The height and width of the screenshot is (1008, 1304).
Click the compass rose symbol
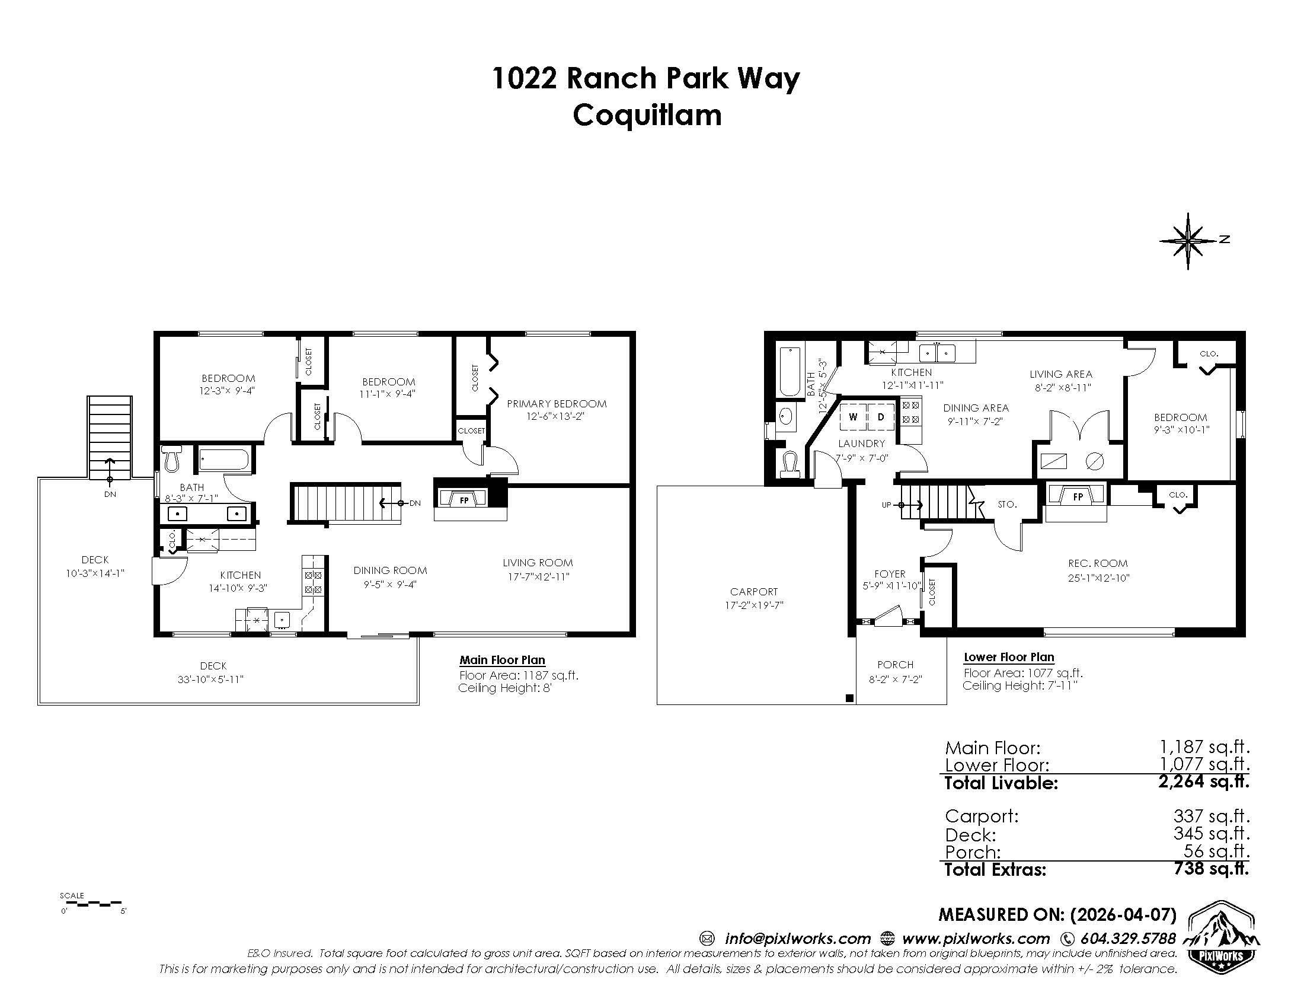point(1188,241)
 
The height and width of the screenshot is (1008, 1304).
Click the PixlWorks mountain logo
point(1222,938)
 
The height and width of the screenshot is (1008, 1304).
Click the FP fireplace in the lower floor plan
point(1078,496)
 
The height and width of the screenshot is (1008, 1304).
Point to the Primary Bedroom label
point(557,404)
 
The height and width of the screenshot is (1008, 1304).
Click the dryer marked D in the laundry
point(881,417)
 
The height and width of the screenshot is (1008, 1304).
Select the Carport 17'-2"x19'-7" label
point(753,598)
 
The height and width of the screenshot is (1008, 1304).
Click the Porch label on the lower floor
point(895,665)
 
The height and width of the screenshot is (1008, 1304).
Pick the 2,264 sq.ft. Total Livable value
point(1203,781)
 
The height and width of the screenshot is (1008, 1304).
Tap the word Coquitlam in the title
point(647,115)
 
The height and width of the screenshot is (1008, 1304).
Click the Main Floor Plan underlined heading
point(502,660)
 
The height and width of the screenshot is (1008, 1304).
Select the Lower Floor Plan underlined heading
point(1008,657)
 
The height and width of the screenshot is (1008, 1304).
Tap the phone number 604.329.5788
point(1127,938)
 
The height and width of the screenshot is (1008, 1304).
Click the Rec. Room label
point(1097,563)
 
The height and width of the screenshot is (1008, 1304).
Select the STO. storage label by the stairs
point(1007,504)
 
